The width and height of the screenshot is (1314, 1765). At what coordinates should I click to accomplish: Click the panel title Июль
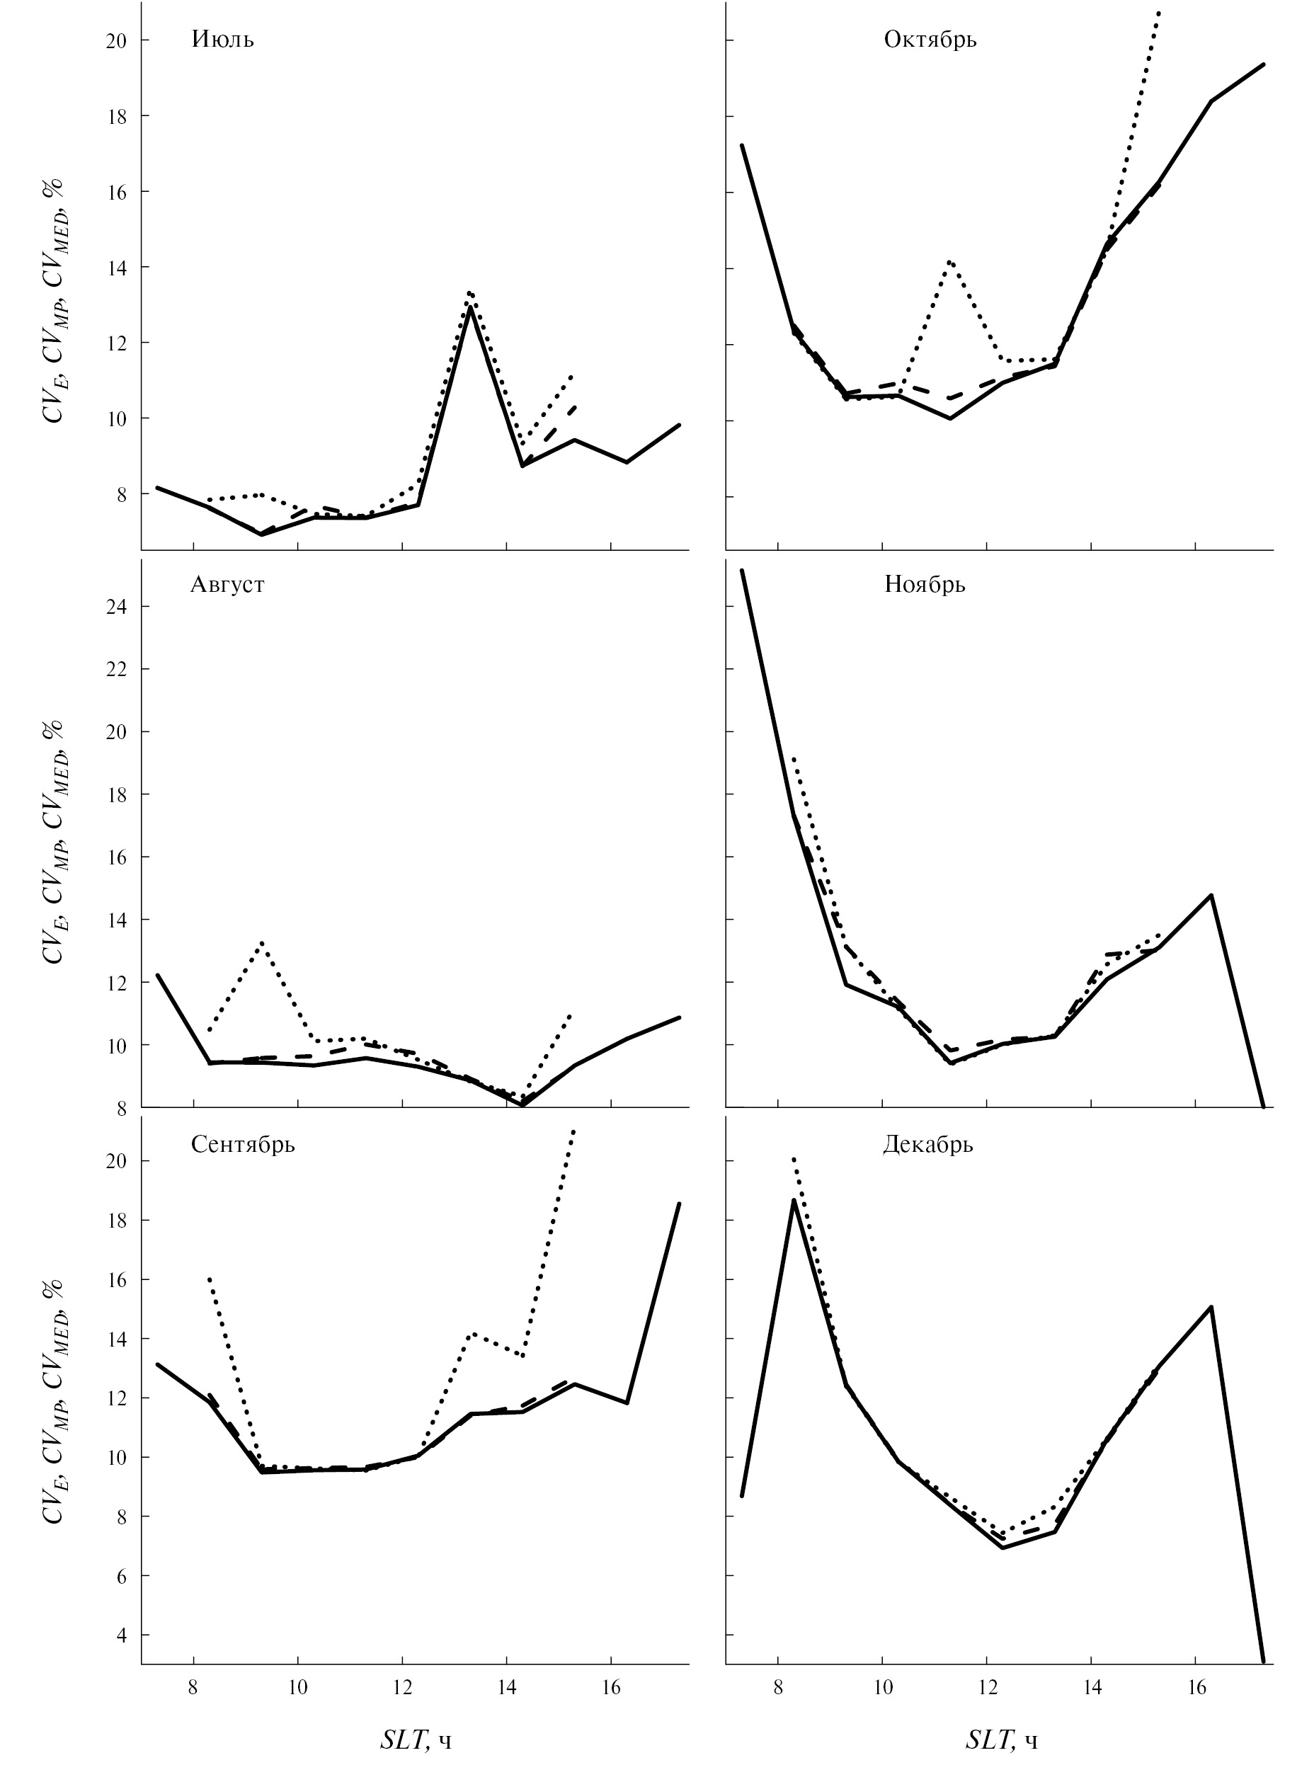[x=223, y=40]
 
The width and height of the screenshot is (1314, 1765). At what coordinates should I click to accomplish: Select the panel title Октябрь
[x=930, y=40]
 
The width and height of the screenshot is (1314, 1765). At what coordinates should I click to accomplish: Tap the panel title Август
[x=227, y=585]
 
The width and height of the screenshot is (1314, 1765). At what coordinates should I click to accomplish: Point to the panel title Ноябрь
[x=924, y=586]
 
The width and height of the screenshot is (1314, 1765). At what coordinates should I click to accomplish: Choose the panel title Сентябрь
[x=243, y=1145]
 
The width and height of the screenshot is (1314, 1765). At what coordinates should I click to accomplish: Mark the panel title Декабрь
[x=927, y=1145]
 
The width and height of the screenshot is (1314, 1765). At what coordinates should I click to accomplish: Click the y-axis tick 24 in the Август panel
[x=116, y=607]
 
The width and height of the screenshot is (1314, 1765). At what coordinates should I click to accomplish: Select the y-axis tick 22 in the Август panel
[x=116, y=670]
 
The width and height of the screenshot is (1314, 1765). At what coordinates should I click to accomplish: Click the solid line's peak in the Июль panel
[x=471, y=307]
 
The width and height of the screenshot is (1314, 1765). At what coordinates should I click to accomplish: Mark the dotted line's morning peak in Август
[x=261, y=942]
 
